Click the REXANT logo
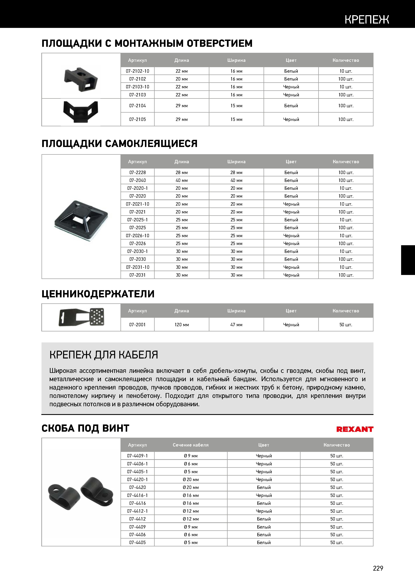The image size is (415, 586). (x=355, y=429)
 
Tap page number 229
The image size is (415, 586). (x=378, y=568)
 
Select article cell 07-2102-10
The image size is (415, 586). (x=138, y=71)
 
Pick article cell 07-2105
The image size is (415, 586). (x=138, y=119)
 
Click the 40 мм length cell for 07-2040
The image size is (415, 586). (x=182, y=180)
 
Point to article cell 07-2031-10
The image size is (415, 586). (x=138, y=267)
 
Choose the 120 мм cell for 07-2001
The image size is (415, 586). (x=182, y=325)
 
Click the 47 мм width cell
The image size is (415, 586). (x=236, y=325)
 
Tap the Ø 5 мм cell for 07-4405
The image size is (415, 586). (x=191, y=542)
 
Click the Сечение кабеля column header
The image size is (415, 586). (x=191, y=445)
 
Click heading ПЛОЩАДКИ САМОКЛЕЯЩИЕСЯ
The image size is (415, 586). (x=119, y=144)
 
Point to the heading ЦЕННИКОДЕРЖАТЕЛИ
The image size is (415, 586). (x=98, y=294)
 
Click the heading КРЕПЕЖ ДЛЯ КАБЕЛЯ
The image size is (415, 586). (x=104, y=355)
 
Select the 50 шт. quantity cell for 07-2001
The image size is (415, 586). (x=346, y=325)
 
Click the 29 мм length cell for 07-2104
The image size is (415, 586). (x=182, y=106)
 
